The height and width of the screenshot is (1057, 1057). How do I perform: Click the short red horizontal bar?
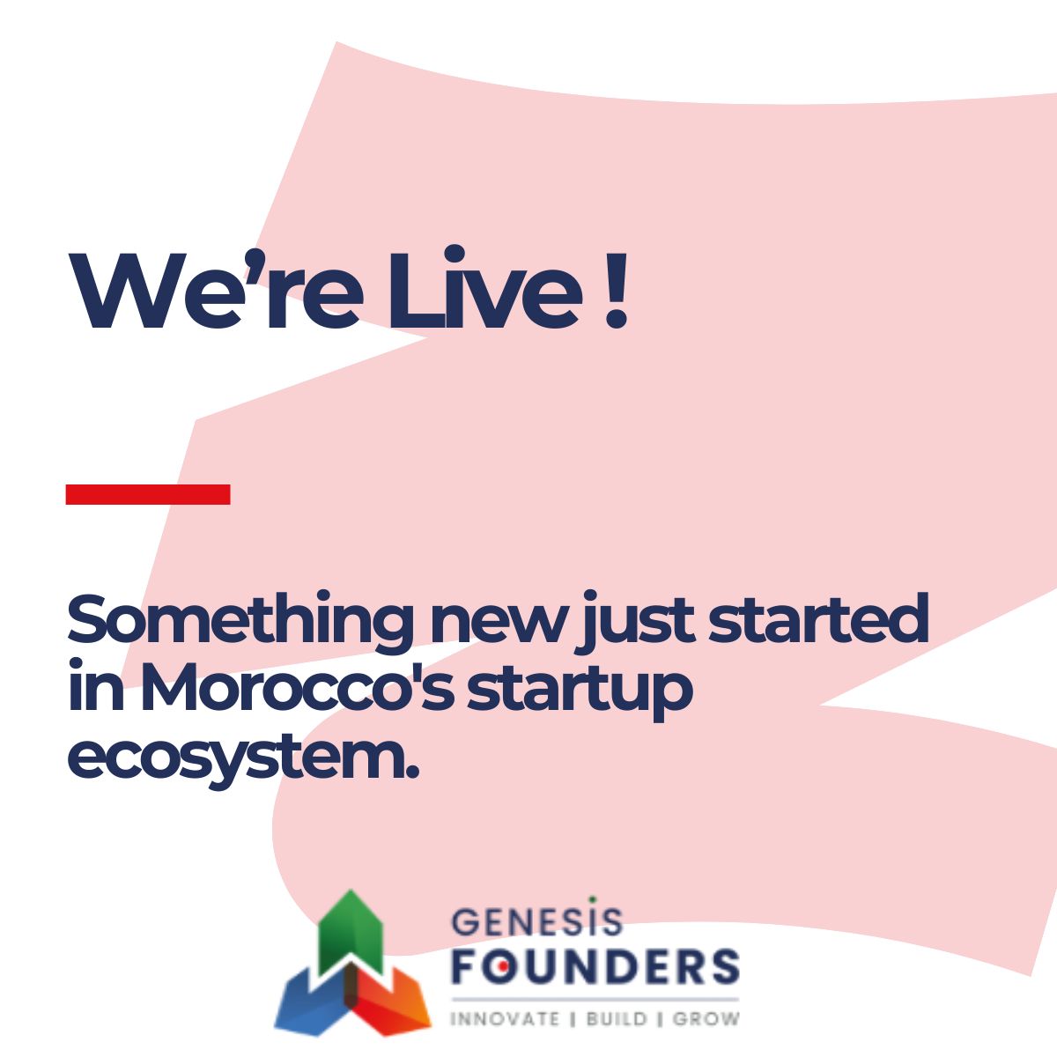coord(148,494)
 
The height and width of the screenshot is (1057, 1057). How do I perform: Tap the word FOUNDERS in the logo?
coord(595,966)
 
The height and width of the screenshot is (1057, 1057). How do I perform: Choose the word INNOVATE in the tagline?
coord(505,1019)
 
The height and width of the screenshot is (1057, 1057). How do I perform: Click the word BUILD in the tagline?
coord(617,1019)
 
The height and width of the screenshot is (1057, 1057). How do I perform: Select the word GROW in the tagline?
coord(706,1019)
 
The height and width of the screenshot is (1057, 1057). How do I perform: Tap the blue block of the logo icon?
coord(313,1000)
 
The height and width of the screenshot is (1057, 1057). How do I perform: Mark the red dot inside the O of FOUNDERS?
coord(498,967)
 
